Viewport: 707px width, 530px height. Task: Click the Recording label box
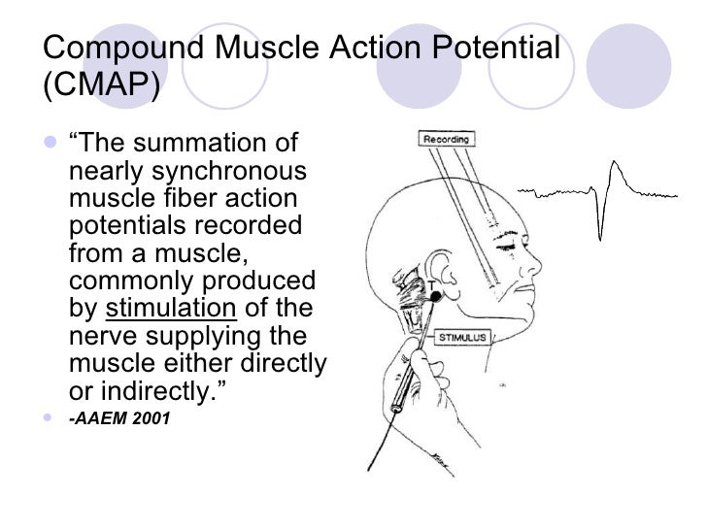445,139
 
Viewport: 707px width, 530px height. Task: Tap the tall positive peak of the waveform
613,167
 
